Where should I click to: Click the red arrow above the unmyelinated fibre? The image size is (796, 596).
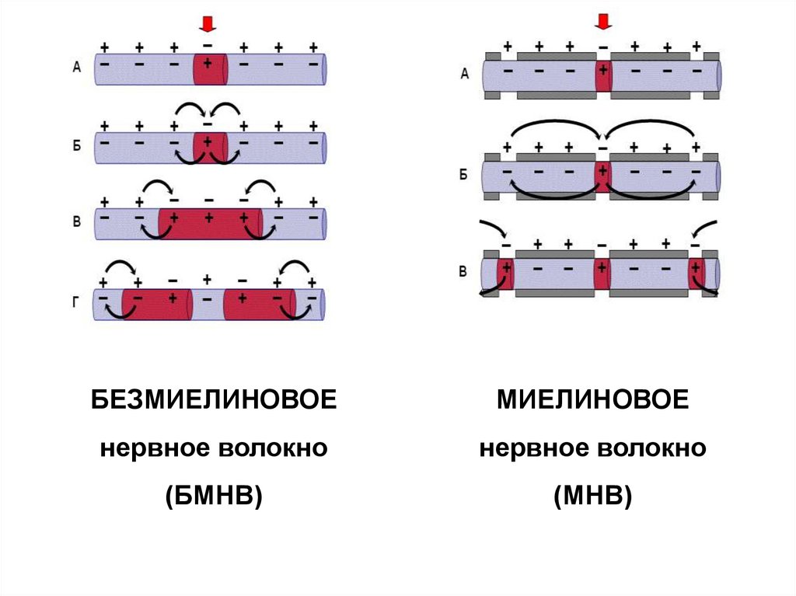coord(207,24)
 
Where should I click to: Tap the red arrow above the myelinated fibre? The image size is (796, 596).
coord(602,22)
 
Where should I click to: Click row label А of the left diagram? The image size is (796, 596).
coord(76,68)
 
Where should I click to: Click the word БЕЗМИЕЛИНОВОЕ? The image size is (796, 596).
coord(214,402)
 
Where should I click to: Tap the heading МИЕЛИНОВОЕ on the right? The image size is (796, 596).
coord(592,402)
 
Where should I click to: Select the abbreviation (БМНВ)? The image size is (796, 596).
coord(214,494)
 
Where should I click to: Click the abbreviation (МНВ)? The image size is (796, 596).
coord(592,494)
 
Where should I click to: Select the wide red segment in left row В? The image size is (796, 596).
coord(210,224)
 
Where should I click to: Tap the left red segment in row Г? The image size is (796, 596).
coord(155,304)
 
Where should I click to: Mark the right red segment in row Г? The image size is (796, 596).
coord(259,304)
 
